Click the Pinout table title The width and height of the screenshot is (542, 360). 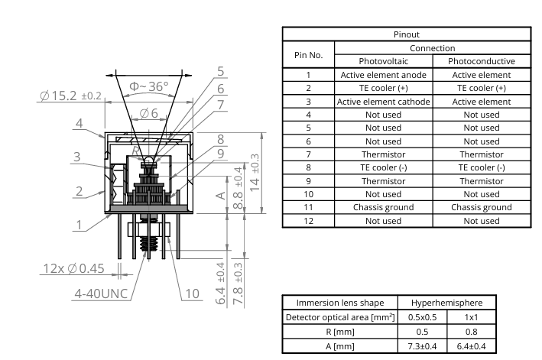pyautogui.click(x=406, y=35)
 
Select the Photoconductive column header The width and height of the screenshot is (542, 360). pyautogui.click(x=481, y=61)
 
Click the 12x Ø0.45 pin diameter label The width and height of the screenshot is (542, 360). pyautogui.click(x=73, y=269)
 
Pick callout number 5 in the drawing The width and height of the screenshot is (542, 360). pyautogui.click(x=220, y=71)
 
